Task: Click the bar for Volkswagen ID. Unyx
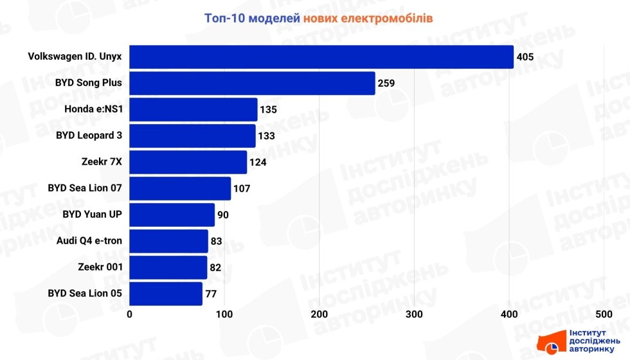click(x=321, y=57)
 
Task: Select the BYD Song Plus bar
click(x=252, y=83)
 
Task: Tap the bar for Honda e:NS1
click(x=193, y=109)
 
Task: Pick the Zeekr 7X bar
click(x=188, y=162)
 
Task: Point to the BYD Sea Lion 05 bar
click(x=166, y=294)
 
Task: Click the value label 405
click(x=525, y=57)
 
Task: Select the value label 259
click(x=386, y=84)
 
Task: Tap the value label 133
click(x=267, y=136)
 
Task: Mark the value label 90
click(x=223, y=215)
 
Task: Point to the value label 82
click(x=216, y=267)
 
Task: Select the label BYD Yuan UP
click(x=93, y=215)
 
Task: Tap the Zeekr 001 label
click(x=100, y=267)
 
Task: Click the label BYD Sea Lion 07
click(x=85, y=188)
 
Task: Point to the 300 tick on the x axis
click(x=415, y=314)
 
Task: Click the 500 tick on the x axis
click(x=604, y=314)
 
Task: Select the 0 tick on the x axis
click(x=130, y=314)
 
